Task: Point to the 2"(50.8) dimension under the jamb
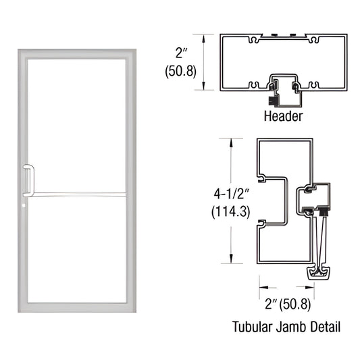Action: click(x=288, y=306)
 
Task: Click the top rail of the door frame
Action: click(x=76, y=54)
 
